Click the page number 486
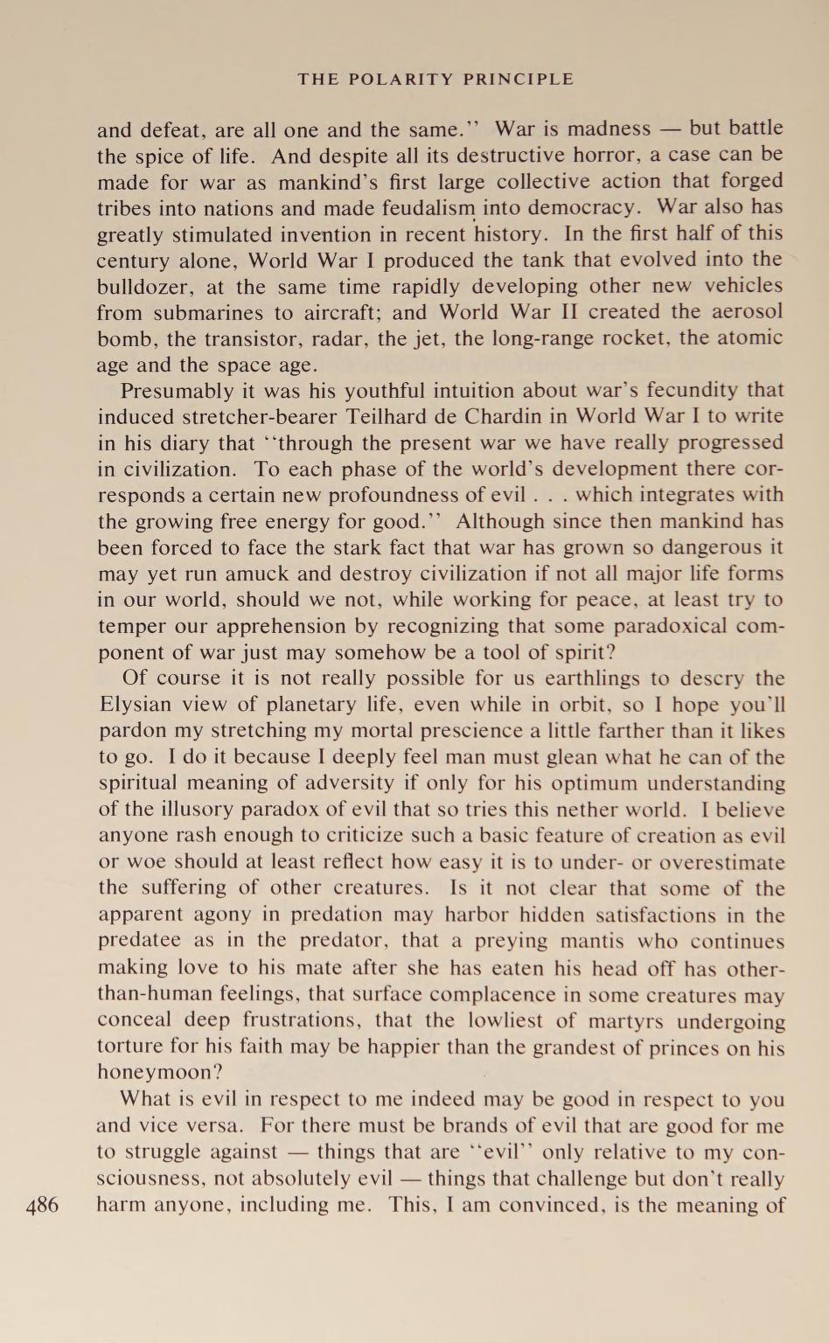click(42, 1205)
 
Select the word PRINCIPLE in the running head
click(518, 79)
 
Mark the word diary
click(184, 442)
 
